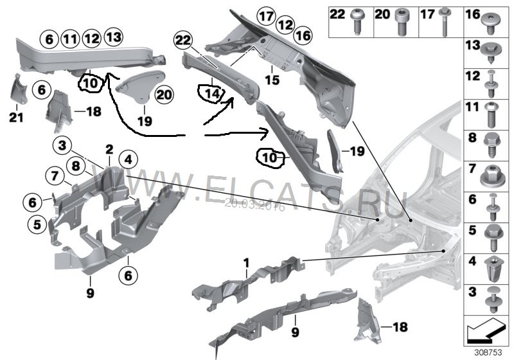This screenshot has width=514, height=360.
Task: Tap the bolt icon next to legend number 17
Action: click(x=444, y=22)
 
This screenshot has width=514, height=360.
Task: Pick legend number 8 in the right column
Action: click(x=472, y=138)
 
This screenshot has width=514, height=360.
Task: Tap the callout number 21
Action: click(x=13, y=116)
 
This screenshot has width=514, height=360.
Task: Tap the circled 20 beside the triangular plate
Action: click(x=164, y=94)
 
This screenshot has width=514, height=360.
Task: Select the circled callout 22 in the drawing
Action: click(x=182, y=41)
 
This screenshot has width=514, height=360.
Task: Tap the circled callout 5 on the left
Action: click(x=37, y=224)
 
